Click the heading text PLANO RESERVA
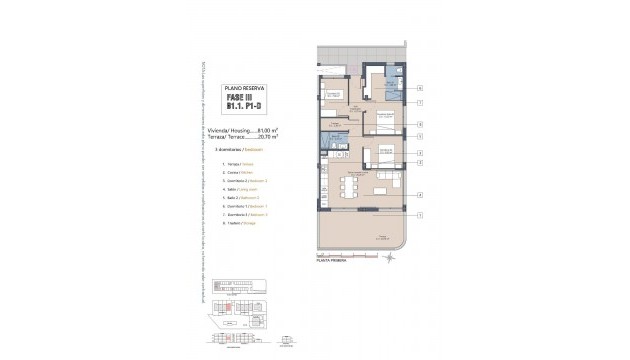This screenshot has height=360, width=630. [239, 88]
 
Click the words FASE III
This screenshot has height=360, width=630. [239, 98]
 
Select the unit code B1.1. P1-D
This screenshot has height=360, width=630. [239, 108]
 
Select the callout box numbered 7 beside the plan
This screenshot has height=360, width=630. [421, 102]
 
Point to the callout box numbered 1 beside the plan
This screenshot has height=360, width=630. [421, 215]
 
